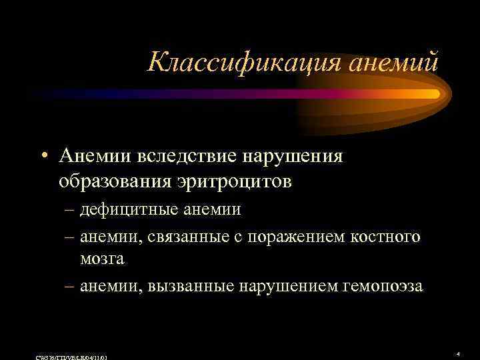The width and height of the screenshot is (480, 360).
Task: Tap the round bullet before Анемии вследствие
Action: point(43,157)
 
